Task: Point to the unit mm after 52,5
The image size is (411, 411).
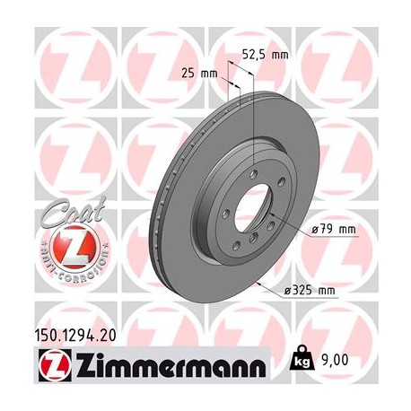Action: (281, 55)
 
